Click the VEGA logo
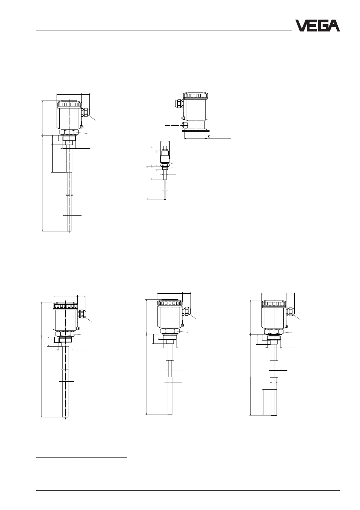317,26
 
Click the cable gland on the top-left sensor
85,112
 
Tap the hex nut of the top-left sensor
69,132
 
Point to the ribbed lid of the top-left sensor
69,104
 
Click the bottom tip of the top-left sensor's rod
69,231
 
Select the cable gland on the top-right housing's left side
180,103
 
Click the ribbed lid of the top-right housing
196,95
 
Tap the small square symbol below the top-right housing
209,136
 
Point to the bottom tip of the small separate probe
165,200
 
